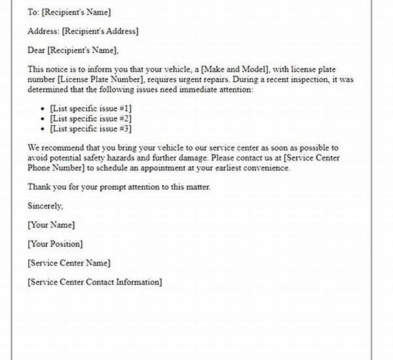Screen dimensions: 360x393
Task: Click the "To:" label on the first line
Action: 33,12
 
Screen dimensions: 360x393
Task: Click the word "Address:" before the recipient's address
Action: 43,31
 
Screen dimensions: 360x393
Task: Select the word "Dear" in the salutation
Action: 37,50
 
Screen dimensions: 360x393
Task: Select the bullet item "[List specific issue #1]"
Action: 90,107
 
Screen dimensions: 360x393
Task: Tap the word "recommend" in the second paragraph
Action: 62,149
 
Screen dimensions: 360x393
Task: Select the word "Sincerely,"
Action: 45,206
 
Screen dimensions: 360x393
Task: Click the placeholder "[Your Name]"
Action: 51,225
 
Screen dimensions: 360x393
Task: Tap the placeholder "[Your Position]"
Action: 55,243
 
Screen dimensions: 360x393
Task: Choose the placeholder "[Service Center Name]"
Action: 69,262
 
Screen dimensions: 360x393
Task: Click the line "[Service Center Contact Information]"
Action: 94,281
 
